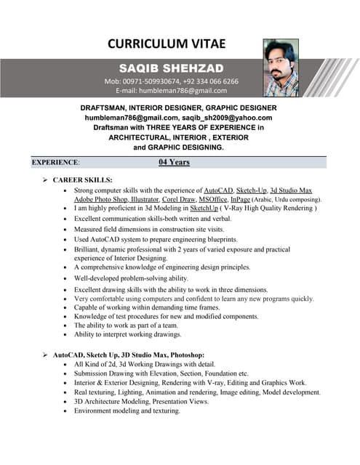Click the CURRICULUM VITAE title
167,44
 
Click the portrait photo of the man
281,68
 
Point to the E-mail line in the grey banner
172,91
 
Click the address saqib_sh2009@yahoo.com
228,117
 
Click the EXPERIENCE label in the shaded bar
55,163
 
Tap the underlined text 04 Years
174,162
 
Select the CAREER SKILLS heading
82,179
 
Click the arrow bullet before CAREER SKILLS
45,179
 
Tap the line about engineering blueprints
156,239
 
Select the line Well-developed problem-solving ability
131,278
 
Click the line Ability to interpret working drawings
127,334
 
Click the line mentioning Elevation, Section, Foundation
161,373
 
